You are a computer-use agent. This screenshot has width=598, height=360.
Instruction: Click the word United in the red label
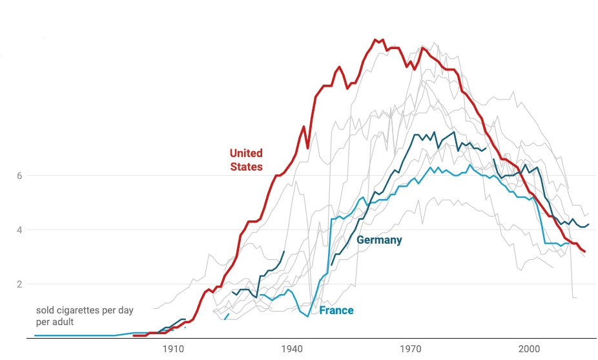(246, 153)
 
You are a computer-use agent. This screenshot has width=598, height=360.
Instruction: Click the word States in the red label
(246, 167)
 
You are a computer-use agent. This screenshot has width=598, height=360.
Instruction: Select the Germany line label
(379, 240)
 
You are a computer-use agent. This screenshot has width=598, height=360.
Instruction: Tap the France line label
(336, 311)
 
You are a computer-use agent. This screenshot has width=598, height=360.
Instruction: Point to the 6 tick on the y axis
(21, 176)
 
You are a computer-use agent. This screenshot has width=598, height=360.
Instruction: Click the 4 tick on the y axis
(21, 230)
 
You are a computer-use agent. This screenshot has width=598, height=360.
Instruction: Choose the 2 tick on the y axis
(21, 284)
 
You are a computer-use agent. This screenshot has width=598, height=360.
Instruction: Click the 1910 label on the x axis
(172, 349)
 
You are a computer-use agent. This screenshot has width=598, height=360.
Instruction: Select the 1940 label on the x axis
(292, 349)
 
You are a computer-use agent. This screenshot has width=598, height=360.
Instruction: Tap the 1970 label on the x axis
(411, 349)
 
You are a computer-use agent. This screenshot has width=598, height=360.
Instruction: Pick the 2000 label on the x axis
(530, 349)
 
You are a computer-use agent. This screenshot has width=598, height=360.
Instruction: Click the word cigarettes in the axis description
(78, 310)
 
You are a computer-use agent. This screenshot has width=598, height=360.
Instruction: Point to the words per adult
(55, 321)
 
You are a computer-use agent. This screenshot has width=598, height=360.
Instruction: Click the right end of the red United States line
(585, 251)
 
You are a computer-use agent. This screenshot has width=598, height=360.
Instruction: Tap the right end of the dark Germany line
(588, 224)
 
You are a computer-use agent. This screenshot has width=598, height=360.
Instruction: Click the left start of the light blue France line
(35, 335)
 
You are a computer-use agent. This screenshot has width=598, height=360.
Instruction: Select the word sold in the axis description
(45, 310)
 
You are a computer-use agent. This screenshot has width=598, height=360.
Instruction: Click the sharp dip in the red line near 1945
(308, 148)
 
